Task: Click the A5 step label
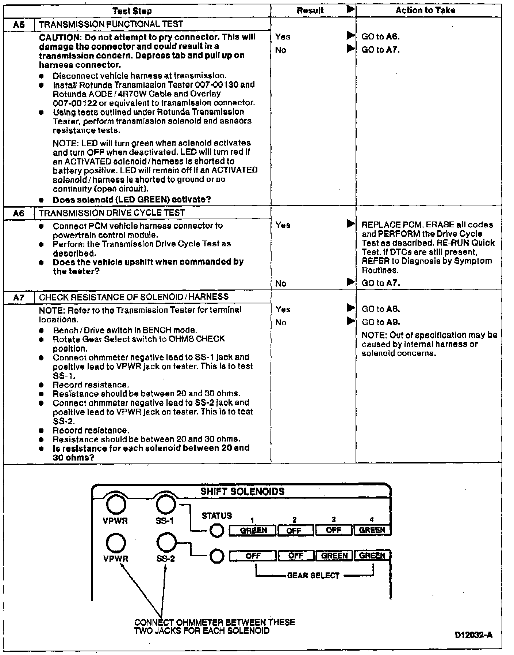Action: (x=19, y=25)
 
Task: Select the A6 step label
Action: (x=19, y=213)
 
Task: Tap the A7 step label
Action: (x=19, y=297)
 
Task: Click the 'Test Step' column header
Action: (x=132, y=11)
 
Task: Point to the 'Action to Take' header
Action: (x=425, y=10)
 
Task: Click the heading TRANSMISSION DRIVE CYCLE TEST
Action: (x=112, y=213)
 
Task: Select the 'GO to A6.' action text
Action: (x=380, y=37)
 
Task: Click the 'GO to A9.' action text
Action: (x=380, y=322)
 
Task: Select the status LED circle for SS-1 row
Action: (x=217, y=530)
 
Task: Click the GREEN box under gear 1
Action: (x=253, y=530)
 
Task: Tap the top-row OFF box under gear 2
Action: (x=295, y=530)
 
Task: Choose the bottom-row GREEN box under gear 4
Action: (x=372, y=556)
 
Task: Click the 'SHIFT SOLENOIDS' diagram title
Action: (x=242, y=492)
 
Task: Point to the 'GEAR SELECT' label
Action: (x=313, y=576)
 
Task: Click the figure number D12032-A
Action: (x=473, y=635)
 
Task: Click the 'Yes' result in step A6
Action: (x=283, y=225)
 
